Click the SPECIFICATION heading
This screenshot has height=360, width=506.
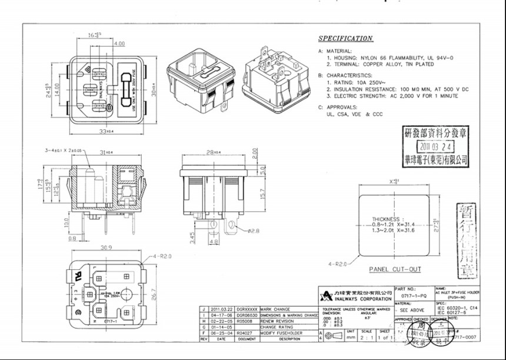(x=345, y=39)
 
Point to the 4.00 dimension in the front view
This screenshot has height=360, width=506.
(x=119, y=44)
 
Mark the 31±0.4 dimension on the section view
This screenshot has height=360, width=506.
(x=106, y=153)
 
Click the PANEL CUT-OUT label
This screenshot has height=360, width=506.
(x=395, y=269)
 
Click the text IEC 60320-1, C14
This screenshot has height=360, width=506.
(x=457, y=308)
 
